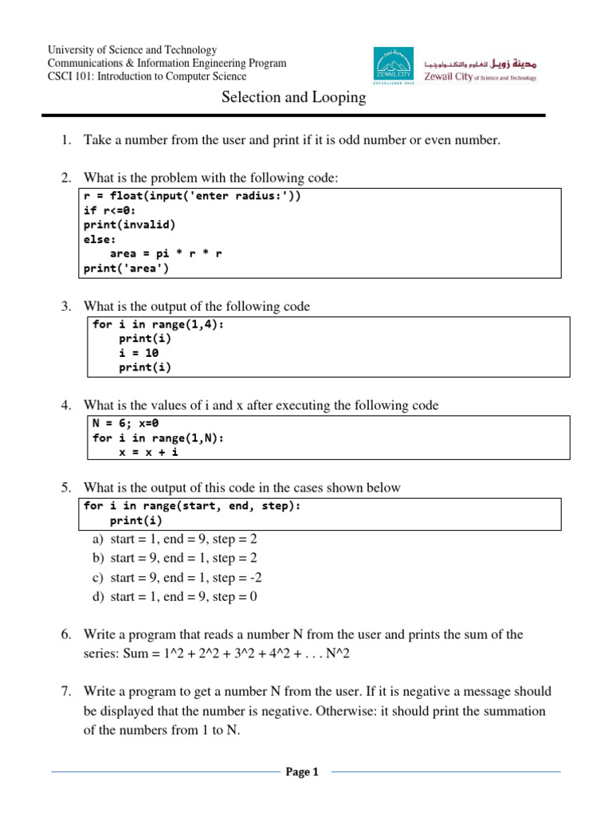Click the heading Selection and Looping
click(292, 98)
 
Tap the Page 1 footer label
click(302, 771)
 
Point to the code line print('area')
click(126, 269)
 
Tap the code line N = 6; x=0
click(126, 423)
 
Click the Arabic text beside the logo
click(486, 61)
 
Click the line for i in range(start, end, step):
click(192, 506)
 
